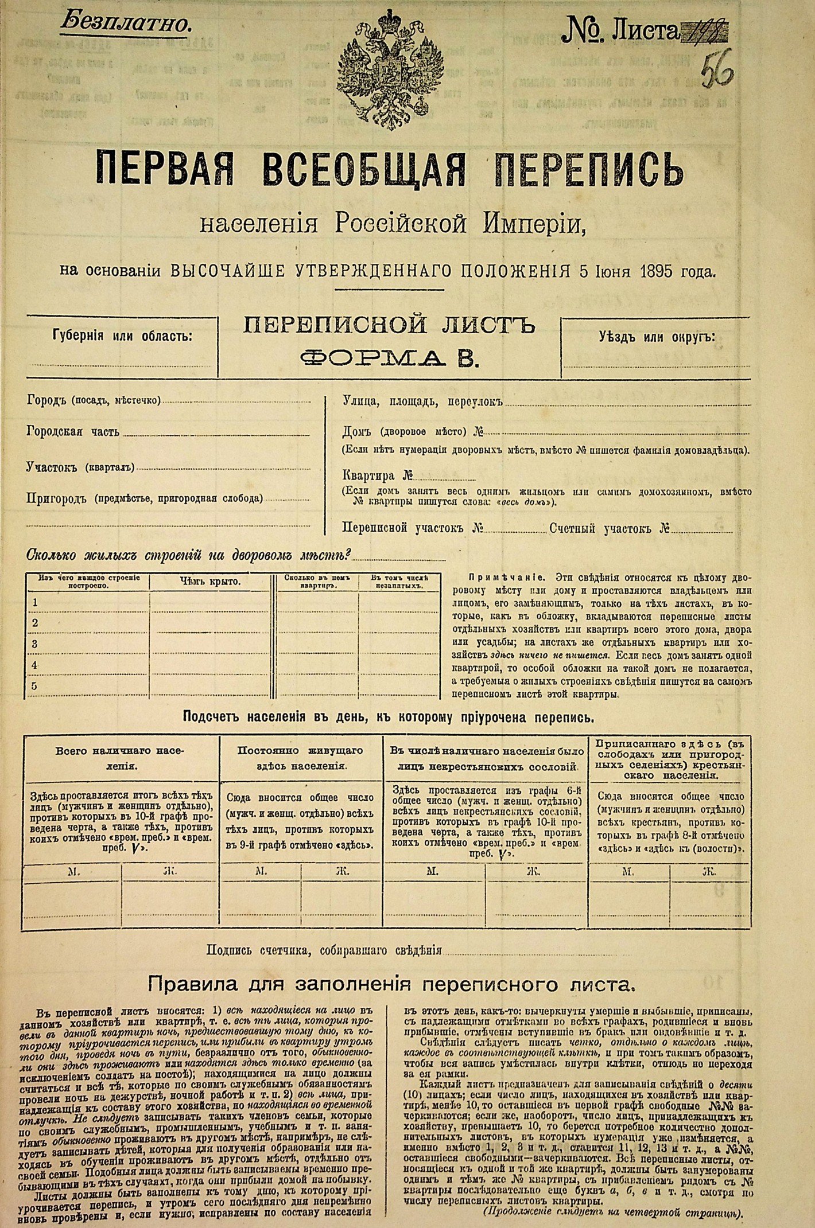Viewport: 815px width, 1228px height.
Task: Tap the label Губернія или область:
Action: pos(122,336)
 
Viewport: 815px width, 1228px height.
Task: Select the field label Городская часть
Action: pos(73,432)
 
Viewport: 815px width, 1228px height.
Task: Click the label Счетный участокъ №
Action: pos(610,528)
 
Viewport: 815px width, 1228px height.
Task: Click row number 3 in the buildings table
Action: pos(35,644)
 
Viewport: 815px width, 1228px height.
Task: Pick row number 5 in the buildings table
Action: pos(35,686)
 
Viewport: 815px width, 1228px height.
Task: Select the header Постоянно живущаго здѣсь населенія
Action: pos(300,758)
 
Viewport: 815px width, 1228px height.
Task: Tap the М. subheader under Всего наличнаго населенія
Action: pos(73,871)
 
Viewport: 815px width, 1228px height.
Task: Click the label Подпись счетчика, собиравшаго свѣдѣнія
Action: pos(324,950)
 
